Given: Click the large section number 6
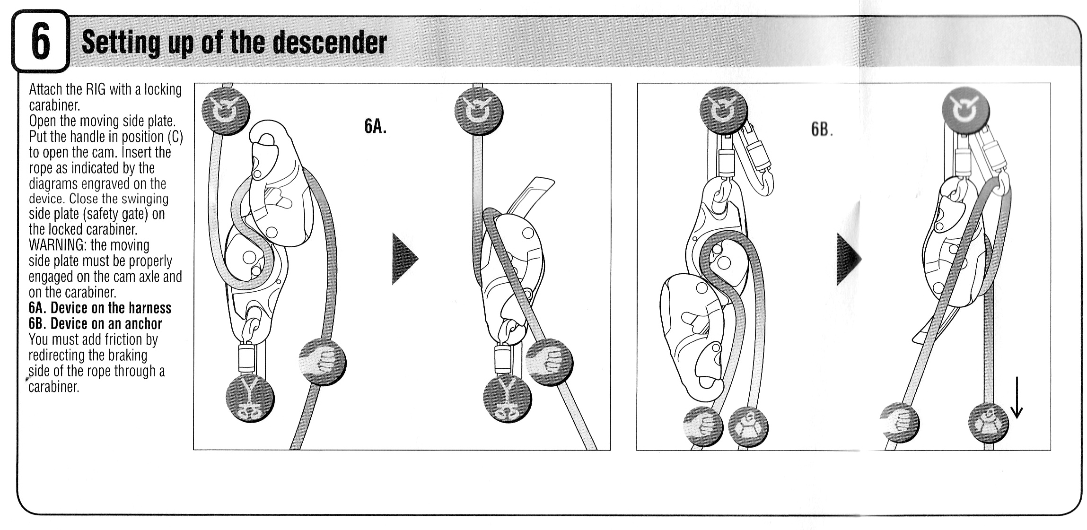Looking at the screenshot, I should pyautogui.click(x=41, y=42).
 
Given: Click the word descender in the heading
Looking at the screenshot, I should pyautogui.click(x=330, y=43).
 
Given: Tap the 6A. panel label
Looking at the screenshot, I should pyautogui.click(x=375, y=126).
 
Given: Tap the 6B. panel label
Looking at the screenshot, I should pyautogui.click(x=822, y=129).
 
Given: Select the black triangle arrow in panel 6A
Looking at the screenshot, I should pyautogui.click(x=404, y=259).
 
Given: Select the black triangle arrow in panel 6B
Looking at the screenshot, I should pyautogui.click(x=849, y=259).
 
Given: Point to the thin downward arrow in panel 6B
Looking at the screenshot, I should pyautogui.click(x=1017, y=398).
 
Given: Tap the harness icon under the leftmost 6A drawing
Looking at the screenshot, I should pyautogui.click(x=250, y=398).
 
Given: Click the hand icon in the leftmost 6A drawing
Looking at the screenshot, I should pyautogui.click(x=323, y=362).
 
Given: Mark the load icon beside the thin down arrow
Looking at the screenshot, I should pyautogui.click(x=989, y=422).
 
